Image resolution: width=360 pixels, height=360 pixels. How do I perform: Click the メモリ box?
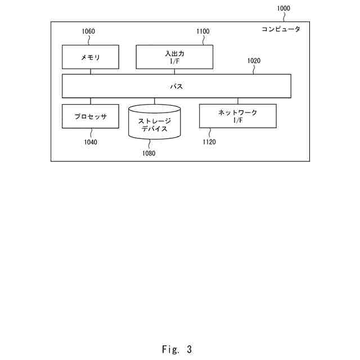(91, 57)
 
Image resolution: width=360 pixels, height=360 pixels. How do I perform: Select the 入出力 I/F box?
(175, 57)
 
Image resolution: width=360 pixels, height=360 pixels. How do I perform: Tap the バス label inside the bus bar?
(177, 87)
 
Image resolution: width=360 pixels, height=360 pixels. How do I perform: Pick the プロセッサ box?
(91, 116)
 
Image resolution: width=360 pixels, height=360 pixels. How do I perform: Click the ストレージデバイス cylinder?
(154, 121)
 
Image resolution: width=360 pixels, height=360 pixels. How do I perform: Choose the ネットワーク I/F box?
(237, 116)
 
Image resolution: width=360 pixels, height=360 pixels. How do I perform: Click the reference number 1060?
(88, 31)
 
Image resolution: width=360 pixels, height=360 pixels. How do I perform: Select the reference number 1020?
(254, 61)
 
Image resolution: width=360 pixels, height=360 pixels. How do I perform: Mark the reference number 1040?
(91, 142)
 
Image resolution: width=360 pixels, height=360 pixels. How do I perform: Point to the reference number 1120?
(209, 142)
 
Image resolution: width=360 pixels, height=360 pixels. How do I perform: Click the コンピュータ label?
(281, 29)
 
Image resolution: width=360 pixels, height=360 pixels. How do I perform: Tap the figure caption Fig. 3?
(176, 349)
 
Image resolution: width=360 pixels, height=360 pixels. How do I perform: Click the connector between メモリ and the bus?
(91, 71)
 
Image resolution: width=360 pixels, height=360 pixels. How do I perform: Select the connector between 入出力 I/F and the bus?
(175, 71)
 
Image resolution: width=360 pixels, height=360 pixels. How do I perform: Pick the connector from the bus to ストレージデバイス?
(154, 101)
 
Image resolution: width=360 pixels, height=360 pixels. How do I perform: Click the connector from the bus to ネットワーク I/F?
(237, 101)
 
